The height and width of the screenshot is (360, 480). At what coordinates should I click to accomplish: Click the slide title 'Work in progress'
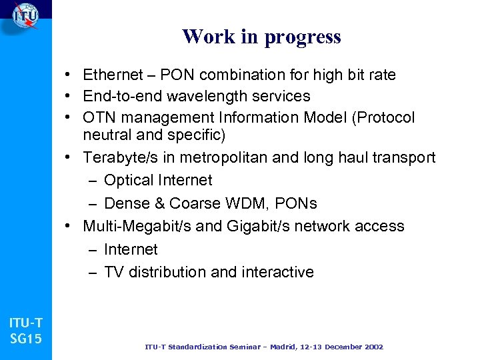[261, 37]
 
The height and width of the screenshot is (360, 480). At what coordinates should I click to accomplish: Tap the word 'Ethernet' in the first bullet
[113, 74]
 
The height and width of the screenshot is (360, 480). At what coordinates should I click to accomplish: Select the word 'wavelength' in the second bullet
[195, 96]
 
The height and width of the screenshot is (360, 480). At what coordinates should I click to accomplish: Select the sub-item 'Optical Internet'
[158, 180]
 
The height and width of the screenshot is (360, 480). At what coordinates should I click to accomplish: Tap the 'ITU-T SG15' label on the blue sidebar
[25, 331]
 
